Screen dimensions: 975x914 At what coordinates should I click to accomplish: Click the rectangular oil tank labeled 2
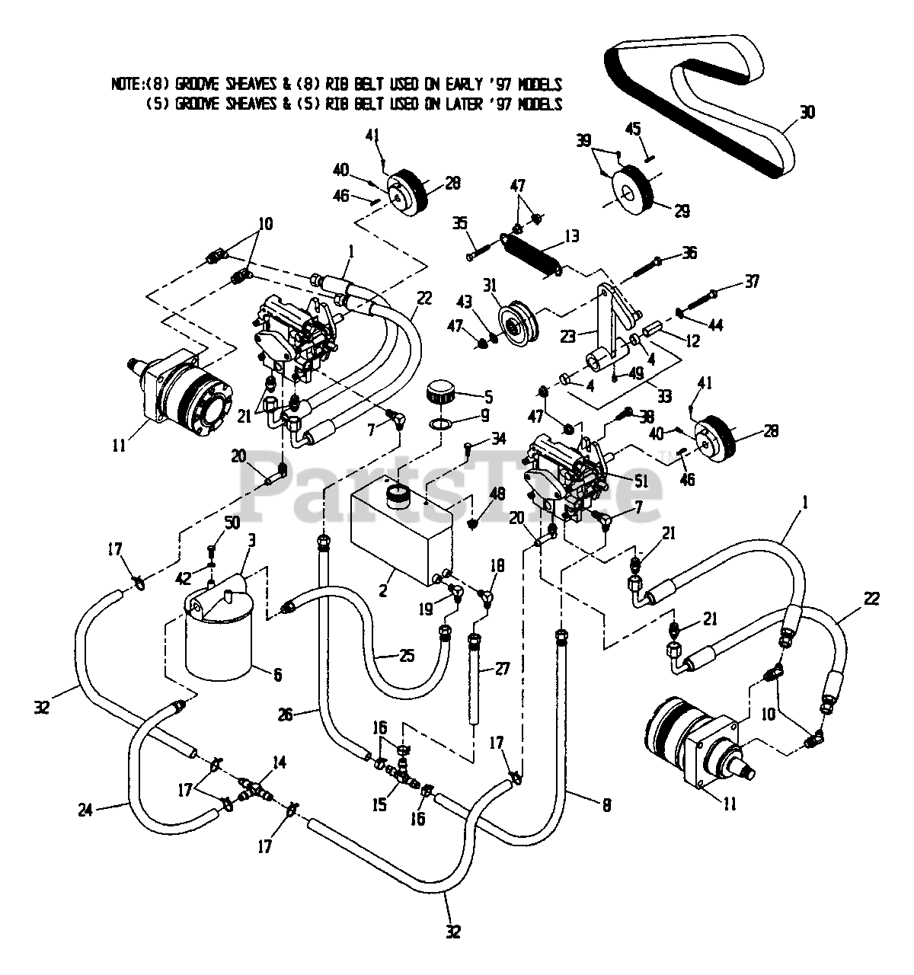tap(400, 533)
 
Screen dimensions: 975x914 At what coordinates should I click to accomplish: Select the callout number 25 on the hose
tap(407, 655)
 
